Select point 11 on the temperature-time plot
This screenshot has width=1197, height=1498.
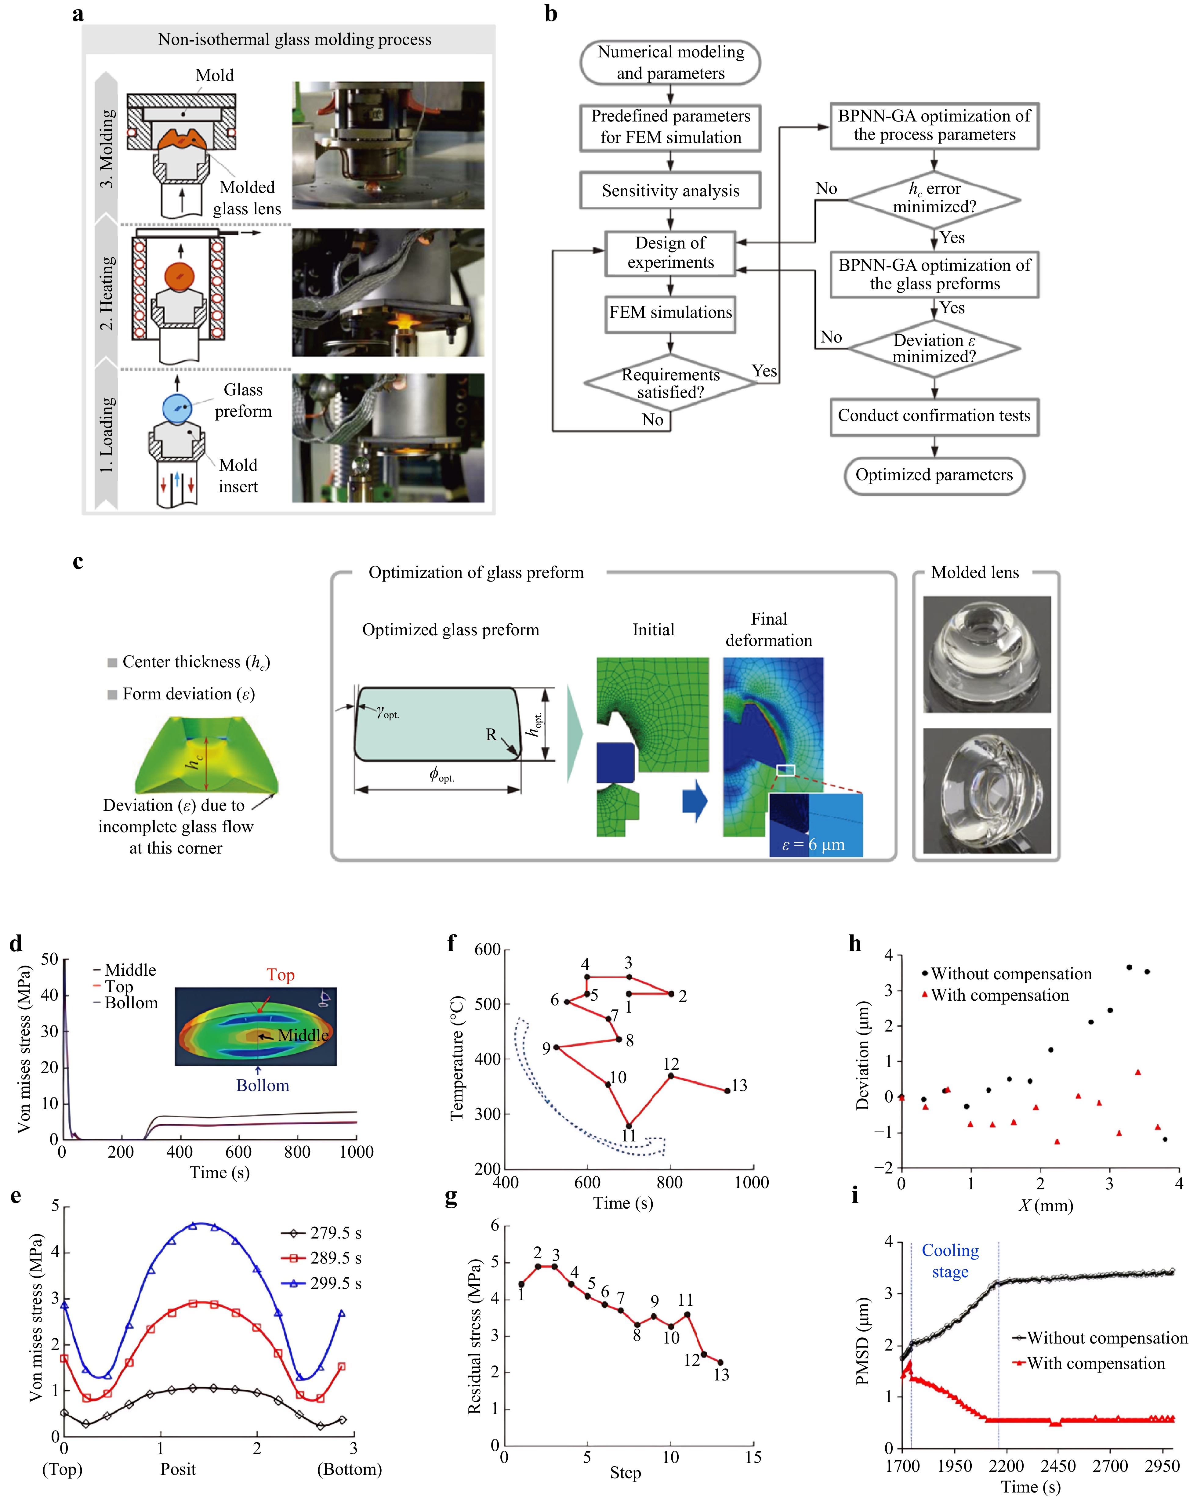click(x=629, y=1126)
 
